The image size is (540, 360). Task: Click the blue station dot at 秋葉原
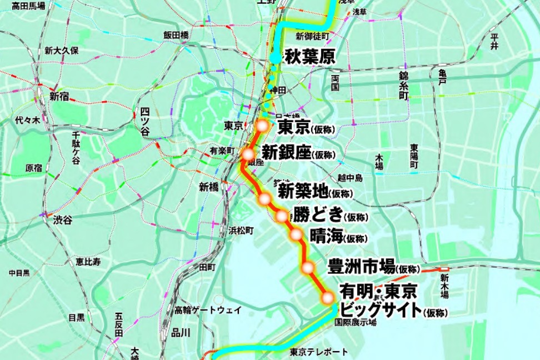coord(276,58)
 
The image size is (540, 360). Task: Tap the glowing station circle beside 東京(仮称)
coord(262,126)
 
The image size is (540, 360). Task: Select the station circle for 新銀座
coord(248,154)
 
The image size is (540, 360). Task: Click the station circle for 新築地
coord(264,198)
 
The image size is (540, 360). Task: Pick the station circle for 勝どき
coord(282,216)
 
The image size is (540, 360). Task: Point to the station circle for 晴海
coord(296,235)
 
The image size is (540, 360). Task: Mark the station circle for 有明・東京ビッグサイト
coord(328,298)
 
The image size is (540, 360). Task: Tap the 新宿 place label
coord(59,96)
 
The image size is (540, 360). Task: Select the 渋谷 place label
coord(63,220)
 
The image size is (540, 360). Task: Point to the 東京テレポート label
coord(319,352)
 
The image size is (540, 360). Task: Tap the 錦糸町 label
coord(403,85)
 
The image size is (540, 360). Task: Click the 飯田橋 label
coord(176,35)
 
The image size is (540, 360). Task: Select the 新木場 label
coord(444,285)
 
